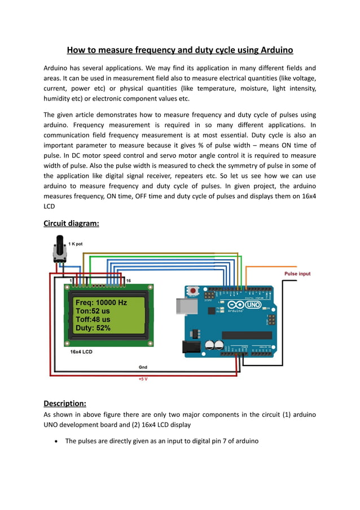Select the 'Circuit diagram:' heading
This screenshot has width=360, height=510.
pos(71,223)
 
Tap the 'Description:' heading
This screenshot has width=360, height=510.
pos(64,403)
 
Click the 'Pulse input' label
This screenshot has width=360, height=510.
pos(297,274)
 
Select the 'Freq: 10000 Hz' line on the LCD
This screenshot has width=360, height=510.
pos(101,303)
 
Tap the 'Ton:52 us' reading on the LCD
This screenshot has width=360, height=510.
pos(93,311)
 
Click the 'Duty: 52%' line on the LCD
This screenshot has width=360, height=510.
pos(93,328)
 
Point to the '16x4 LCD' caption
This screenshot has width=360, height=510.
pos(82,351)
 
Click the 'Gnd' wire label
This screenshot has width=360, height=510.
pos(143,367)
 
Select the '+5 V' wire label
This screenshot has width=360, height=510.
pos(143,379)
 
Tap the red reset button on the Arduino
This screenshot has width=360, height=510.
pos(194,291)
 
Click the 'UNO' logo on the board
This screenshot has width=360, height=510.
pos(254,304)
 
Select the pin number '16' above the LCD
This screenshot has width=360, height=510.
pos(128,281)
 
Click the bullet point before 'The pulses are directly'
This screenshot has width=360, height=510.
pos(56,441)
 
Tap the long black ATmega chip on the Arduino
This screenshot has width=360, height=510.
pos(247,335)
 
